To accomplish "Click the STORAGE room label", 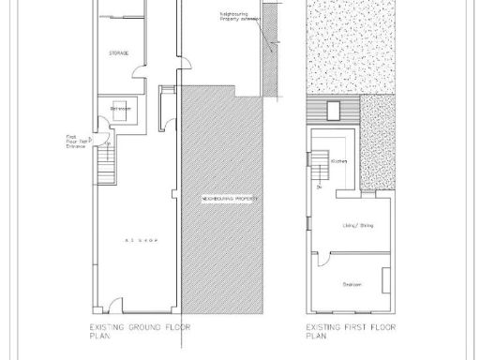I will pyautogui.click(x=118, y=53).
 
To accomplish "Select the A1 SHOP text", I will pyautogui.click(x=139, y=241).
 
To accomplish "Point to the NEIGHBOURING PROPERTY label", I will pyautogui.click(x=230, y=201).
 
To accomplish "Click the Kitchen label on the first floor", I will pyautogui.click(x=339, y=162).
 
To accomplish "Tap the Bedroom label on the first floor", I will pyautogui.click(x=352, y=284).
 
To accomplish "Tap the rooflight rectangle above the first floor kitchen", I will pyautogui.click(x=333, y=111).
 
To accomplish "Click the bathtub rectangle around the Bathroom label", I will pyautogui.click(x=121, y=109).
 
